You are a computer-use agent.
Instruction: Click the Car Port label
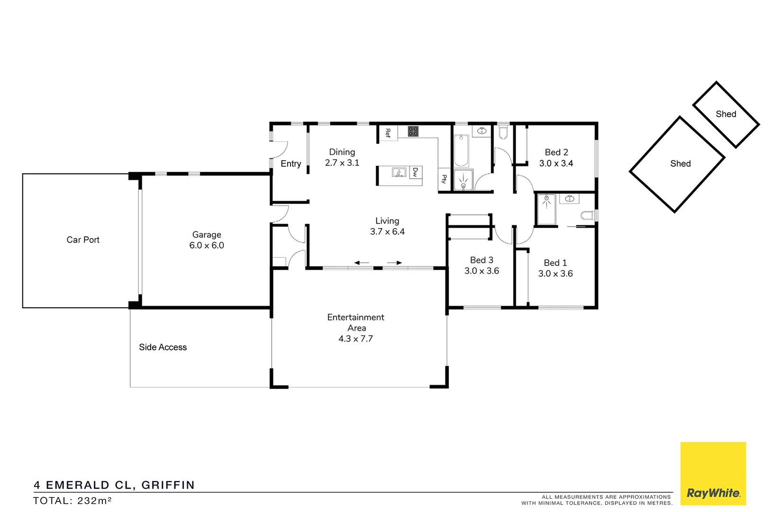point(83,240)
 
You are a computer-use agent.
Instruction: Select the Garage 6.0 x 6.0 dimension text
point(207,246)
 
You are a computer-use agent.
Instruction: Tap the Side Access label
point(163,347)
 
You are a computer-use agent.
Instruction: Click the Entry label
point(291,164)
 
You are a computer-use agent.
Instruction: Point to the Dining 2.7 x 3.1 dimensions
point(342,163)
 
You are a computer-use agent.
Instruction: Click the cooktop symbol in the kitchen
point(413,131)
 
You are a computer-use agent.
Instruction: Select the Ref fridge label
point(388,133)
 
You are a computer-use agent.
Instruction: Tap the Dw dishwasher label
point(415,172)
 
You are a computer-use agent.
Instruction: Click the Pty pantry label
point(444,179)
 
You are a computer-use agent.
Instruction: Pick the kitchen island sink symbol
point(399,172)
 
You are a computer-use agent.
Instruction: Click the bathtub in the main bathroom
point(461,150)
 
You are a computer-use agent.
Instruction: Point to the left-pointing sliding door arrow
point(362,263)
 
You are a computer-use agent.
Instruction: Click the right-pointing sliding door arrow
point(394,263)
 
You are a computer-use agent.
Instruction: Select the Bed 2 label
point(556,152)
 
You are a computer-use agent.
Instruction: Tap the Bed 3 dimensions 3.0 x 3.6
point(481,271)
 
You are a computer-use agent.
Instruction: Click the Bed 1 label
point(555,263)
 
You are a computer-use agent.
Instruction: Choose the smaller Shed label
point(726,114)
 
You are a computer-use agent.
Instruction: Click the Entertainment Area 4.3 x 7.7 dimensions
point(355,339)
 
